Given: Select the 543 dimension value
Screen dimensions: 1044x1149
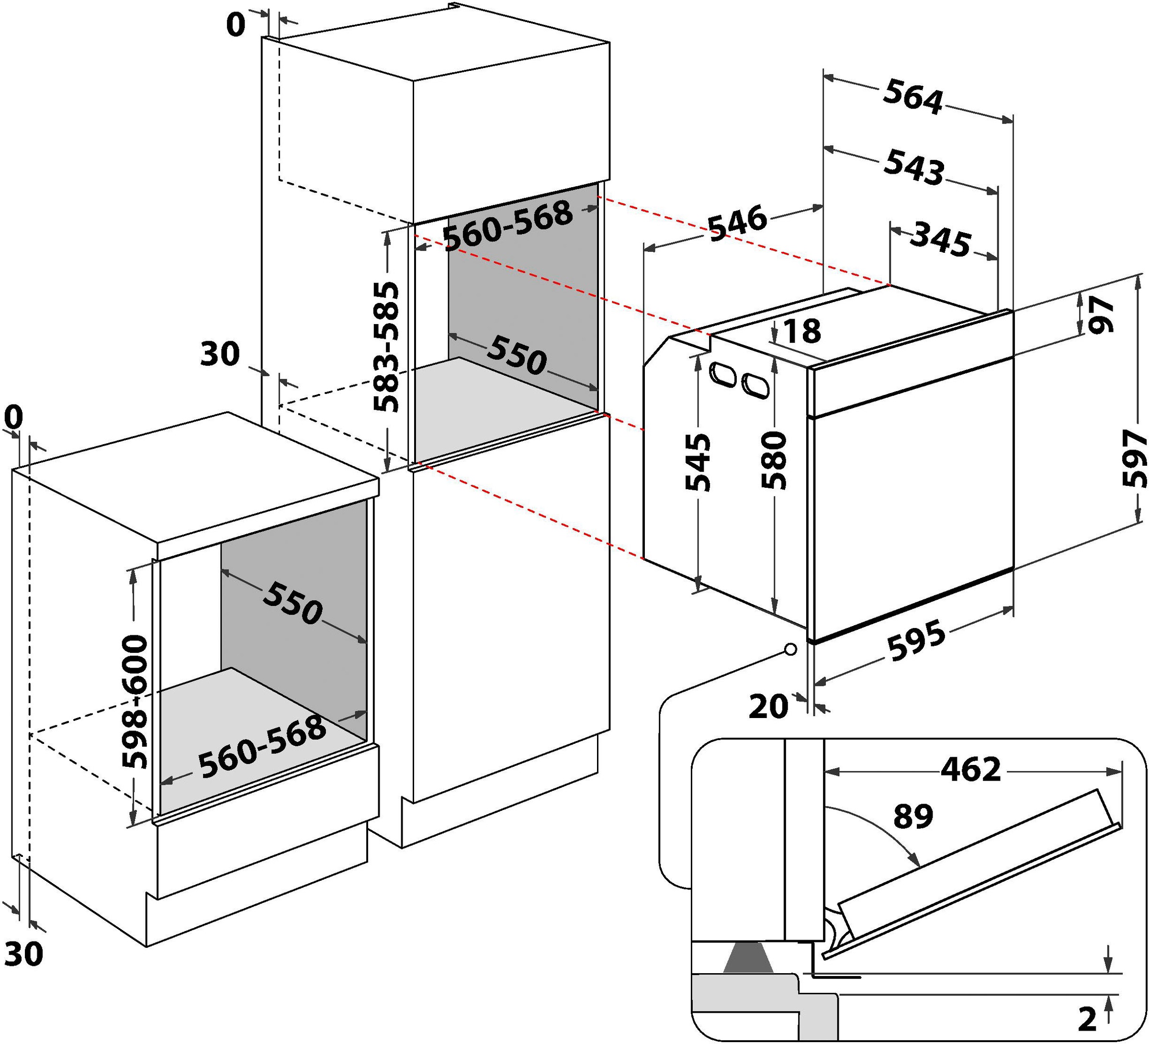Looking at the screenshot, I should click(x=913, y=167).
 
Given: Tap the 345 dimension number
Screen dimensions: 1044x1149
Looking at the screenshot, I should click(x=939, y=242).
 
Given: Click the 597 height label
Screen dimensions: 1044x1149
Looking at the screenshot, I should click(x=1134, y=458).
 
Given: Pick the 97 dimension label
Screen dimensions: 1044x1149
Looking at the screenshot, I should click(x=1101, y=314).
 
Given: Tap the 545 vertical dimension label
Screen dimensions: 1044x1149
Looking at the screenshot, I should click(x=698, y=461).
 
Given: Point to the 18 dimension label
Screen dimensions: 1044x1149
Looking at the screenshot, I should click(x=802, y=331).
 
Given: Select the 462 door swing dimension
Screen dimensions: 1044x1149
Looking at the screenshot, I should click(x=970, y=770).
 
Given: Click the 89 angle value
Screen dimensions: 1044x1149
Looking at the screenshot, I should click(x=913, y=817).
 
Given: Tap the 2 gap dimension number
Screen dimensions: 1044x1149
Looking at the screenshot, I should click(x=1087, y=1020).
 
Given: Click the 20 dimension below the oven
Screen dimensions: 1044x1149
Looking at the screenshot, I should click(x=768, y=707).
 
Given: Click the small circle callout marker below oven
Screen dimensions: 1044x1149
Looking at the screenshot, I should click(x=790, y=649).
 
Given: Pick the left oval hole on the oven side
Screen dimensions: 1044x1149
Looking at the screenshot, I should click(x=722, y=374).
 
